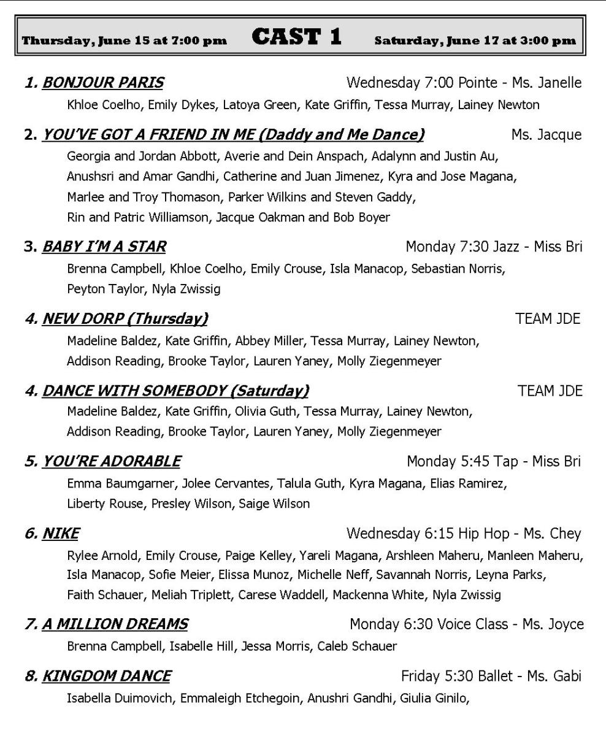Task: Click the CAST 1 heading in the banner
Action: [296, 37]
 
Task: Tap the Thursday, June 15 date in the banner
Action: [125, 41]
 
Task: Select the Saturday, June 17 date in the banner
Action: [475, 41]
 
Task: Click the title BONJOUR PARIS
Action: [102, 82]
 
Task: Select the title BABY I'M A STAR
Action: [104, 247]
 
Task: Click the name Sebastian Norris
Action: [459, 269]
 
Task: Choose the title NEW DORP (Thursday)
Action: [125, 319]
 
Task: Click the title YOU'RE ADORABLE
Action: [111, 461]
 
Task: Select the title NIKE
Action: [60, 534]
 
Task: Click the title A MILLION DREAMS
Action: [115, 624]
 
